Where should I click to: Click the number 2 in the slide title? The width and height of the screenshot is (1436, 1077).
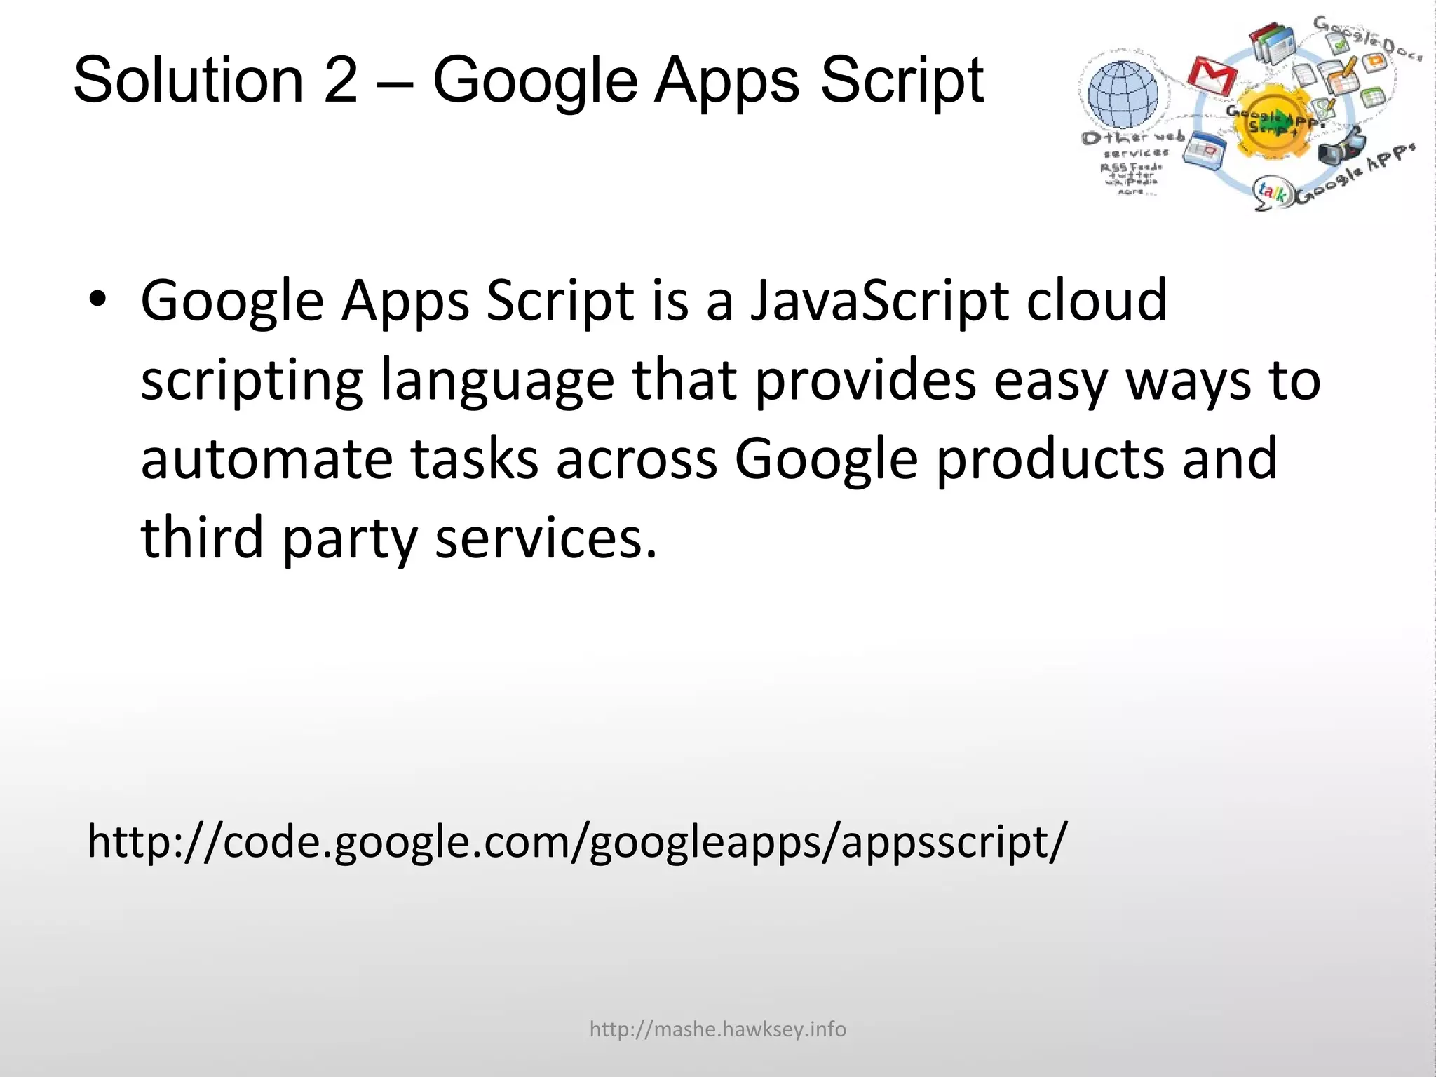coord(341,81)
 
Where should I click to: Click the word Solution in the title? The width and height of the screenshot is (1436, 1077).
coord(188,81)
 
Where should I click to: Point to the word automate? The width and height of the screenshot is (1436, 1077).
coord(266,459)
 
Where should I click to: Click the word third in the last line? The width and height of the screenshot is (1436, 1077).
coord(202,538)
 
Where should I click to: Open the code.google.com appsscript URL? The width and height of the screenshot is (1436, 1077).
coord(576,842)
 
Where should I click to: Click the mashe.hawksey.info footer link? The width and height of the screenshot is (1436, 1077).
coord(717,1029)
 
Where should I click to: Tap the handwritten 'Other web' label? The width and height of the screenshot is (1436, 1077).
coord(1132,137)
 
